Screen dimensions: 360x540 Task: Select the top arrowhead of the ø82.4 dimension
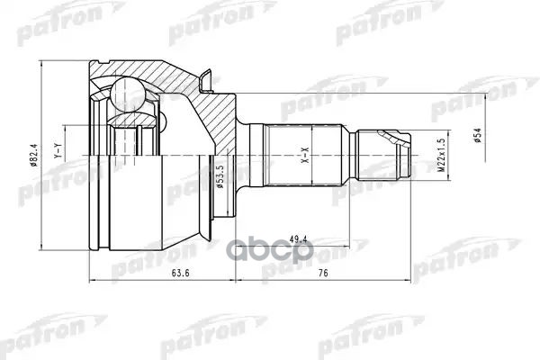41,65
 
